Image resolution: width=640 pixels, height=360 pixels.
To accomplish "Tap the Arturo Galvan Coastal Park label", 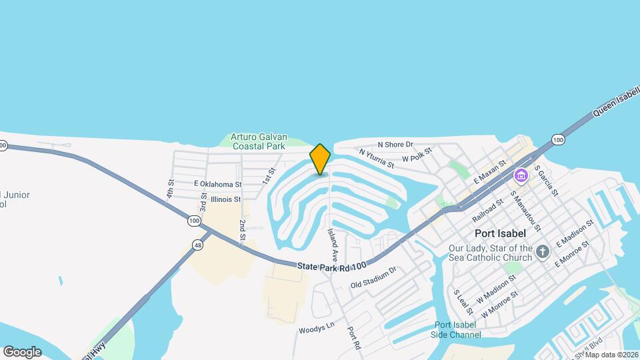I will [257, 141].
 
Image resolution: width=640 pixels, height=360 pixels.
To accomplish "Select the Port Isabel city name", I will [500, 233].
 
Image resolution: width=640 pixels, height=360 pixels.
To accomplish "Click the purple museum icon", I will [521, 176].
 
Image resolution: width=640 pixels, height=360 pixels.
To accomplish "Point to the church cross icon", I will [543, 251].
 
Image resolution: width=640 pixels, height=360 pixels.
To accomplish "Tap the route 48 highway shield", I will [198, 245].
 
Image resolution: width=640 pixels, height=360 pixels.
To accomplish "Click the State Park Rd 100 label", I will [332, 266].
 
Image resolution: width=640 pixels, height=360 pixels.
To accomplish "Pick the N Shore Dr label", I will [395, 144].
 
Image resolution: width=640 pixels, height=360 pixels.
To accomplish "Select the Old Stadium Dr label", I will [373, 277].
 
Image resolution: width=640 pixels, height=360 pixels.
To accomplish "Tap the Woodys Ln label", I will [316, 329].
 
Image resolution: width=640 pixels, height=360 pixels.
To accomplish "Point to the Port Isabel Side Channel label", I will [455, 329].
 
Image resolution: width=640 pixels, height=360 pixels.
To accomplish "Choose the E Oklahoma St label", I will [217, 183].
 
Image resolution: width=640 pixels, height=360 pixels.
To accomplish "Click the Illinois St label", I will [225, 199].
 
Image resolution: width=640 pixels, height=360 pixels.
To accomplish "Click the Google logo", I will [22, 351].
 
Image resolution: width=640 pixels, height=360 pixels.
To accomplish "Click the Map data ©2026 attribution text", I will [611, 355].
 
